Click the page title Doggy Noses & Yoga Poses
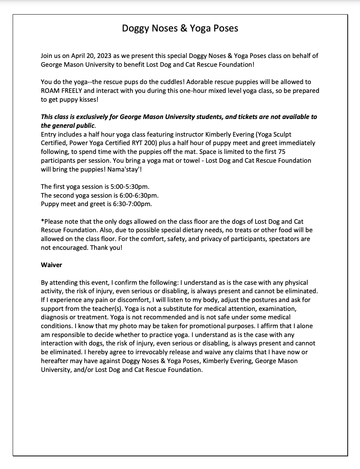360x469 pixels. pos(180,28)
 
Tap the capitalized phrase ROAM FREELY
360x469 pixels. pos(61,91)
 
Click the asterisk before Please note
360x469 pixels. pos(42,221)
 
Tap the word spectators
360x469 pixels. pos(275,239)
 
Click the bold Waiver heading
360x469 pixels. pos(51,265)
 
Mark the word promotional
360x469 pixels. pos(223,326)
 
